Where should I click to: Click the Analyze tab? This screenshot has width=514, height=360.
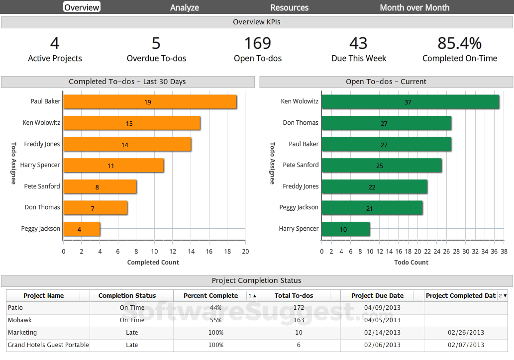coord(185,7)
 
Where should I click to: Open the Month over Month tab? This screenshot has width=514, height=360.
coord(414,7)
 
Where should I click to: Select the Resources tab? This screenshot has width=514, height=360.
coord(289,7)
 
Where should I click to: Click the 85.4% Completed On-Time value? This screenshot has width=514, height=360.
coord(459,43)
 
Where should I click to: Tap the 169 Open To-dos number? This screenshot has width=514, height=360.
coord(257,43)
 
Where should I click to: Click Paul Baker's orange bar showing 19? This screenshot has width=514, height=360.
coord(150,102)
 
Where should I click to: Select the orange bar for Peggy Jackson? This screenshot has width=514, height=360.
coord(82,229)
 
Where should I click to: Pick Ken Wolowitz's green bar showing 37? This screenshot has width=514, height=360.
coord(410,102)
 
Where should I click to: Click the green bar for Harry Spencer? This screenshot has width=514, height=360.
coord(345,229)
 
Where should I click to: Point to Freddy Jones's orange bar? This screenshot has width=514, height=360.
coord(127,145)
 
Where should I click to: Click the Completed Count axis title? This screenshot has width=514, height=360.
coord(153,262)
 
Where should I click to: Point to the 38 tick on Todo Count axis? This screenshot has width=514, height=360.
coord(504,251)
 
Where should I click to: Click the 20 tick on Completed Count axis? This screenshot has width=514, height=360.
coord(245,251)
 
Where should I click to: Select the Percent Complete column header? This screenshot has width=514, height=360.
coord(210,295)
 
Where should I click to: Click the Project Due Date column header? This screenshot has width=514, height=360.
coord(377,295)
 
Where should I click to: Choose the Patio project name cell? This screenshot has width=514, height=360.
coord(16,308)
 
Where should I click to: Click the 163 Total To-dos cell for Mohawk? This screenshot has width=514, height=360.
coord(299,320)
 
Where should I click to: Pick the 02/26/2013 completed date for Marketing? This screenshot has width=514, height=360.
coord(466,333)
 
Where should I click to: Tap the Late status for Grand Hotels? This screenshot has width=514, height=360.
coord(132,345)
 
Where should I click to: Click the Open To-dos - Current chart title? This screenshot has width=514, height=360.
coord(386,82)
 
